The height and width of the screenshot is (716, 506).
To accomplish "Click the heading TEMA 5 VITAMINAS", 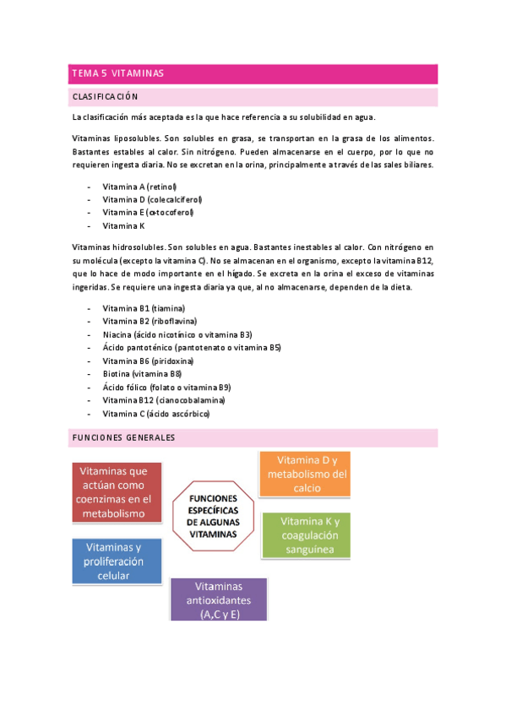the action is pyautogui.click(x=117, y=74).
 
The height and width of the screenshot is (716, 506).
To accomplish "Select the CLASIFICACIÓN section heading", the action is pyautogui.click(x=106, y=97).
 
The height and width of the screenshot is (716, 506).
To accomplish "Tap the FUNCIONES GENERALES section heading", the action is pyautogui.click(x=123, y=438).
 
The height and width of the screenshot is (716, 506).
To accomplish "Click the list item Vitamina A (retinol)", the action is pyautogui.click(x=139, y=186).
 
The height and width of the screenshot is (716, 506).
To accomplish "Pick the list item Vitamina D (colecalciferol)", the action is pyautogui.click(x=152, y=199).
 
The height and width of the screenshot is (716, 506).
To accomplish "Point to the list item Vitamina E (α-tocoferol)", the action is pyautogui.click(x=146, y=213).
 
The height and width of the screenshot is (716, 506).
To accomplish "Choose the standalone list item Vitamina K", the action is pyautogui.click(x=123, y=226).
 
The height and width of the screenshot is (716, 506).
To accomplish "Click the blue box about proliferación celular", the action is pyautogui.click(x=113, y=561).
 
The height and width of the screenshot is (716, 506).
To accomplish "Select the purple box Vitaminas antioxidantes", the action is pyautogui.click(x=219, y=600).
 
